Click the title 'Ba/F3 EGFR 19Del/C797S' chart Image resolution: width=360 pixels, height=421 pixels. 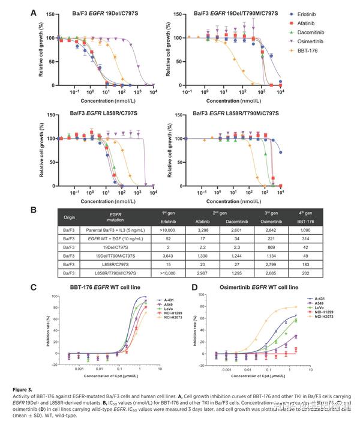click(99, 13)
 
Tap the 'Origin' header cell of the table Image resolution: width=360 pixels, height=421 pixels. click(70, 217)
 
